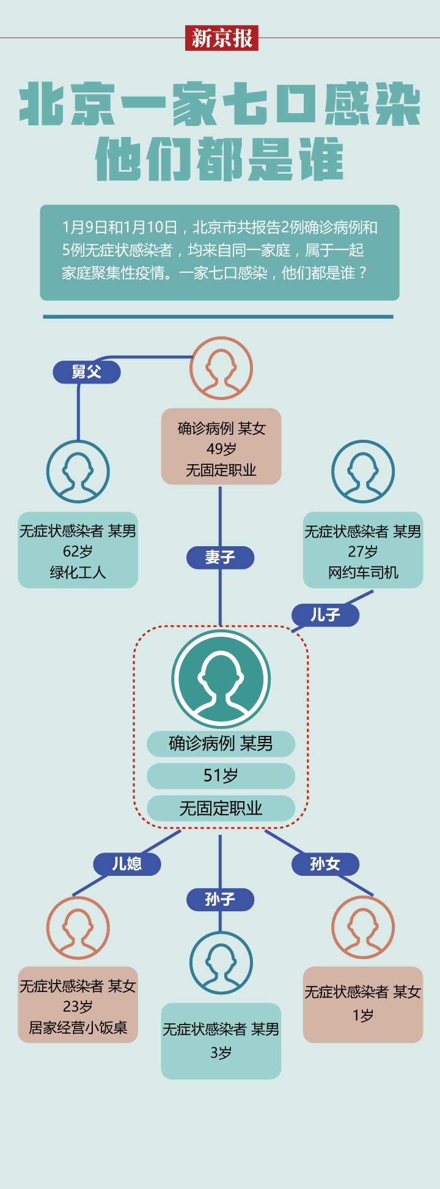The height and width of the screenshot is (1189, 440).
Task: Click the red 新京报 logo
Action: click(222, 38)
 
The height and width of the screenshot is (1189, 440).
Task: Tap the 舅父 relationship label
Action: click(86, 372)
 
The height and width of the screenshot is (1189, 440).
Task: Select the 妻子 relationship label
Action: click(220, 557)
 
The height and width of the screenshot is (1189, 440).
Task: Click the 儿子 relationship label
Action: click(325, 615)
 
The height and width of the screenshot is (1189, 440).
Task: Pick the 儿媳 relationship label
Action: click(127, 864)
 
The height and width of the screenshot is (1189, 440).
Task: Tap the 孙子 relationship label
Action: click(220, 899)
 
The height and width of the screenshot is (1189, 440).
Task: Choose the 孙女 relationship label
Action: click(325, 864)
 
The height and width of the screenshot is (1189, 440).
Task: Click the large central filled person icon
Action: click(221, 679)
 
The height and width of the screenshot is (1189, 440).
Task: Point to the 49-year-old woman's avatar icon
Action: click(221, 368)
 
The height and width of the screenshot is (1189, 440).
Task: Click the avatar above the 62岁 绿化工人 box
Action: click(78, 472)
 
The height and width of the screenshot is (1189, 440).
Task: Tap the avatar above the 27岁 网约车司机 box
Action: click(363, 472)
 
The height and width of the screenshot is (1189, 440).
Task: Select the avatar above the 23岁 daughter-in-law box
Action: click(78, 927)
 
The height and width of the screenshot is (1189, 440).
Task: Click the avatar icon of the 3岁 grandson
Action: click(221, 963)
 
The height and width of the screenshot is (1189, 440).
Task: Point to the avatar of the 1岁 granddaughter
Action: click(363, 927)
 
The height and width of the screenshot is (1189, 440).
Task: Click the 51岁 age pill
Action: click(221, 776)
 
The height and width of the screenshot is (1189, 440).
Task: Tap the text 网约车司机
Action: click(363, 572)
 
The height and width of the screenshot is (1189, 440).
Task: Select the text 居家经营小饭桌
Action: click(78, 1028)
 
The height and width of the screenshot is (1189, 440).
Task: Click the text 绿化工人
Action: click(78, 572)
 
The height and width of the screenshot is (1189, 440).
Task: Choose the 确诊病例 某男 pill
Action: click(221, 743)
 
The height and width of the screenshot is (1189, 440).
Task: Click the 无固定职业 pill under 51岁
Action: click(221, 809)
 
